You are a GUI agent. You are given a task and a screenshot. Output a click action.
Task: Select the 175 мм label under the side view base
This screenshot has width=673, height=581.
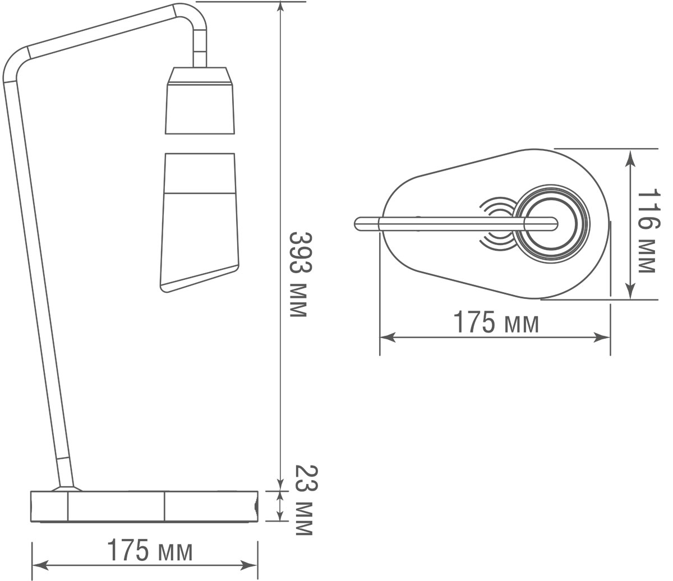(150, 551)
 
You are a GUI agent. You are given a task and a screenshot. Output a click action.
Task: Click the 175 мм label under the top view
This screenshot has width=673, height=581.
(496, 323)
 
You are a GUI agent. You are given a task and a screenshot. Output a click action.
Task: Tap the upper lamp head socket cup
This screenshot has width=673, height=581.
(200, 107)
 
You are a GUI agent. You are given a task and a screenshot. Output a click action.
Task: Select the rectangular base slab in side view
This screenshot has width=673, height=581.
(144, 506)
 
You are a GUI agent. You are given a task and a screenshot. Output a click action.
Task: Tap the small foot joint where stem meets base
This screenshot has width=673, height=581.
(67, 488)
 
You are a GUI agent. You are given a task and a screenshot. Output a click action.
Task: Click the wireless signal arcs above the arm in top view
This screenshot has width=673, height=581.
(497, 207)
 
